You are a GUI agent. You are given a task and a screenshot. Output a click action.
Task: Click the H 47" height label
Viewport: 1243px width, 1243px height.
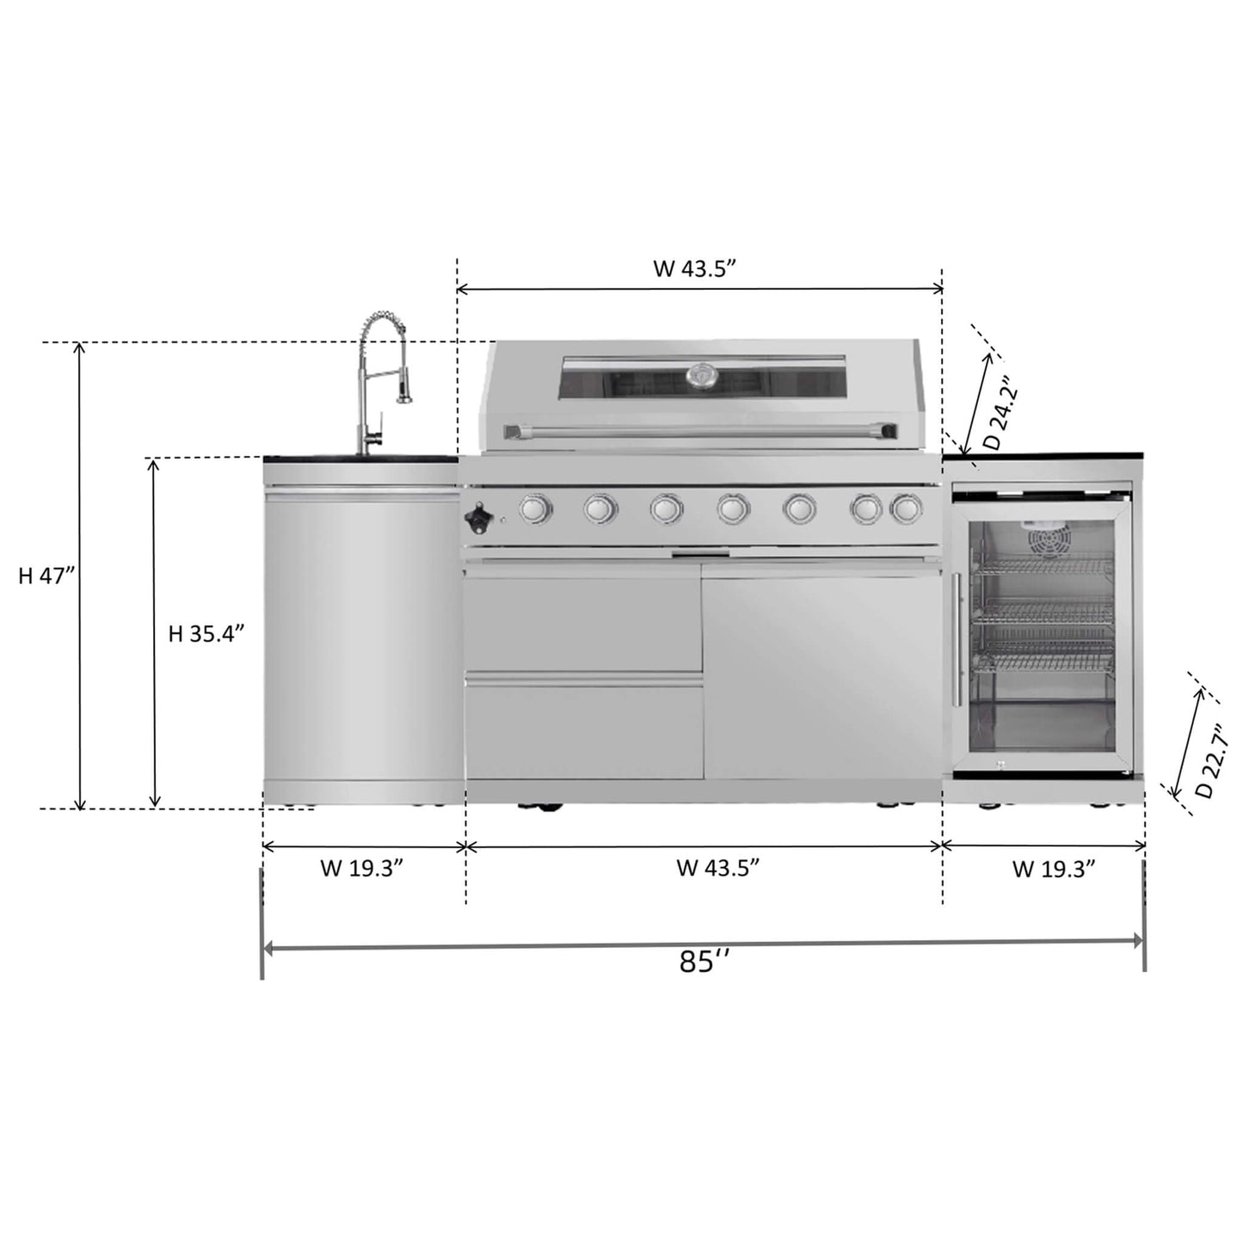point(48,575)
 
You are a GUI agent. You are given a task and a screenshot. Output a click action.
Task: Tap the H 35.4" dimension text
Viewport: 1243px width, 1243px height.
point(206,634)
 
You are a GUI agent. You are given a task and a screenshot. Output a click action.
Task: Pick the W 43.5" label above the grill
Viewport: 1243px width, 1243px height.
point(696,268)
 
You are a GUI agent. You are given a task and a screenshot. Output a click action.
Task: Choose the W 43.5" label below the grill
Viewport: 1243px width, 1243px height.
point(718,868)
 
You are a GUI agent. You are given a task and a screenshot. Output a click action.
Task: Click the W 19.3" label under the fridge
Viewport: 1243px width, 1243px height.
point(1054,869)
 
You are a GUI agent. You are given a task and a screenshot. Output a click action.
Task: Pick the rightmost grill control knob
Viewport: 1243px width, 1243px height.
point(905,509)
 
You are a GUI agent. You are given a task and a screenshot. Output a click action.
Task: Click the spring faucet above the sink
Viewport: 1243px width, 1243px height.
point(378,378)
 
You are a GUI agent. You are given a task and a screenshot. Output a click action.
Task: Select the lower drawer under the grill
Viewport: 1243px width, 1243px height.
point(583,731)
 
